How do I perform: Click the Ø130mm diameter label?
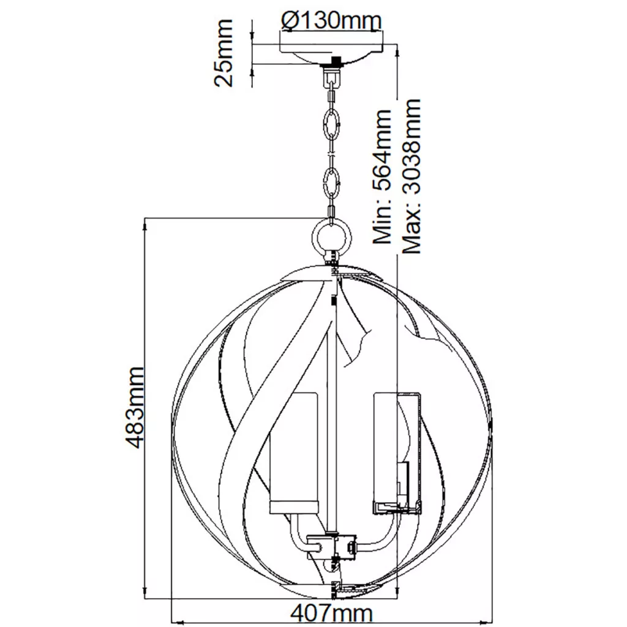tap(331, 20)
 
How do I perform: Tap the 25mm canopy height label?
tap(223, 53)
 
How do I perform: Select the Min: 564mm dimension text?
tap(382, 176)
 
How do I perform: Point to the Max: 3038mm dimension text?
tap(411, 176)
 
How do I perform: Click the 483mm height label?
tap(133, 407)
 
